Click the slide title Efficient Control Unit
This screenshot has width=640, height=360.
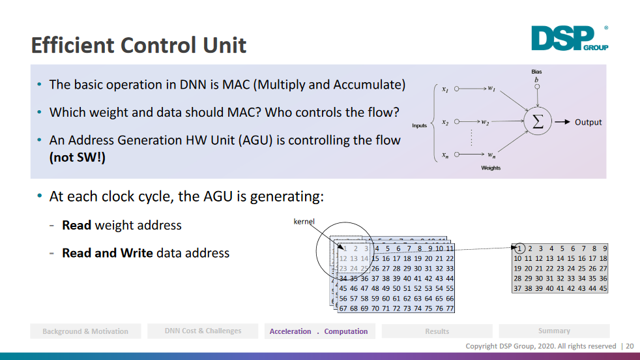(x=139, y=45)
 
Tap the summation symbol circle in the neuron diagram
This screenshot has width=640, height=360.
(x=538, y=122)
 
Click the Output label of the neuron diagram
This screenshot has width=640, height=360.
(x=588, y=122)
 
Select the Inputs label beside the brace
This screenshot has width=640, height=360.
(x=419, y=125)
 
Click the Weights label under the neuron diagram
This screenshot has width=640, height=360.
(x=491, y=168)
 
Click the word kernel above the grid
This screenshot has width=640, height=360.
(x=304, y=222)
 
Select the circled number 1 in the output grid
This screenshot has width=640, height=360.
(x=519, y=248)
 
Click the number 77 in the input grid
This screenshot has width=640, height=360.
(x=449, y=308)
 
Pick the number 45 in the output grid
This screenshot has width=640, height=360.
(x=603, y=288)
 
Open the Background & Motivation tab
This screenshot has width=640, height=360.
(x=85, y=331)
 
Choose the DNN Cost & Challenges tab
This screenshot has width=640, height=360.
(x=203, y=331)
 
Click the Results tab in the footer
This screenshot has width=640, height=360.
(x=437, y=331)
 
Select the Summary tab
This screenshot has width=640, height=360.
(x=554, y=331)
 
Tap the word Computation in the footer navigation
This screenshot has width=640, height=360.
(x=346, y=331)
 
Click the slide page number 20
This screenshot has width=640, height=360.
(x=630, y=346)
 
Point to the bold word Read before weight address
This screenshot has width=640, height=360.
(x=77, y=225)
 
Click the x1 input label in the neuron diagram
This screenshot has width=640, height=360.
(x=444, y=89)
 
